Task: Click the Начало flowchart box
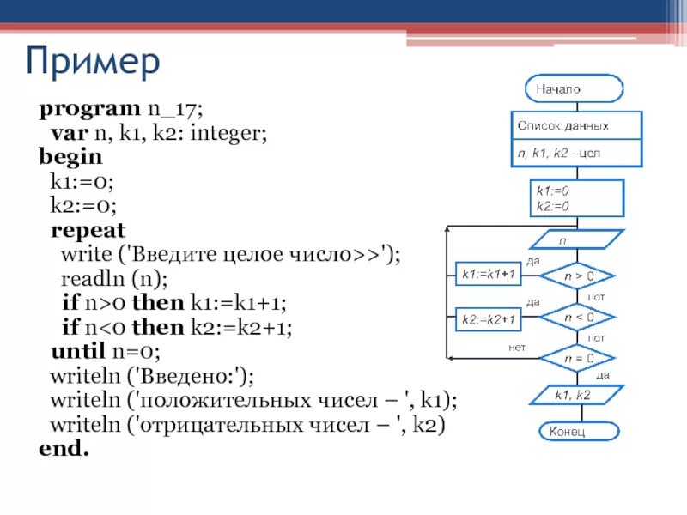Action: (x=575, y=88)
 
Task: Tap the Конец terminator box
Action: (x=575, y=431)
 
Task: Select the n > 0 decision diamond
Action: (x=578, y=276)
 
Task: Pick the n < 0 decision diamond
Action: (x=578, y=317)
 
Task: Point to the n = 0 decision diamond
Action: (x=578, y=357)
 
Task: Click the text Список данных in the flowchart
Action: (x=563, y=125)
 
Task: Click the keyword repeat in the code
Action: (x=88, y=230)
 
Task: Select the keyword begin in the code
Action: (x=70, y=158)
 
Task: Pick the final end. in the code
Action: (x=64, y=448)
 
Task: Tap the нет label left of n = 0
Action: (x=516, y=347)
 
